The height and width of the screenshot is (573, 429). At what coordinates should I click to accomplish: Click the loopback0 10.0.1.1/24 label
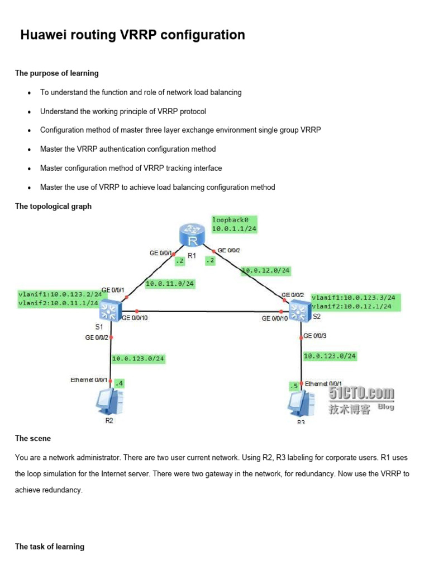(x=234, y=224)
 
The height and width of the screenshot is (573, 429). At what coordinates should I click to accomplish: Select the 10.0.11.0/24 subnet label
(x=170, y=284)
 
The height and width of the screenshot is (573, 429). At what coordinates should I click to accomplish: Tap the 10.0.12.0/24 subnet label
(x=266, y=271)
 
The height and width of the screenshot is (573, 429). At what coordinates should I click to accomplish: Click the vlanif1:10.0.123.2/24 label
(x=60, y=294)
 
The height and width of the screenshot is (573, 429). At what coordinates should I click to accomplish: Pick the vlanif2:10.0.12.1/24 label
(x=353, y=306)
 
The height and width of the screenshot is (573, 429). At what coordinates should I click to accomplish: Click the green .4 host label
(x=119, y=384)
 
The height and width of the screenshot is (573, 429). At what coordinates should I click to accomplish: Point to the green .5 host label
(x=293, y=386)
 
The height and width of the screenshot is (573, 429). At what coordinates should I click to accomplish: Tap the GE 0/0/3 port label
(x=316, y=336)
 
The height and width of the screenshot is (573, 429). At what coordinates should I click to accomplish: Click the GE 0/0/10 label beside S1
(x=134, y=318)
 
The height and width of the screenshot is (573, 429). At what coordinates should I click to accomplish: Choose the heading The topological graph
(x=53, y=206)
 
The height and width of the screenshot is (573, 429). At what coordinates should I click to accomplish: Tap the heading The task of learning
(x=50, y=546)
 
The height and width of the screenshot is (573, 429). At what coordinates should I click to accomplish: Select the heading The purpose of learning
(x=56, y=73)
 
